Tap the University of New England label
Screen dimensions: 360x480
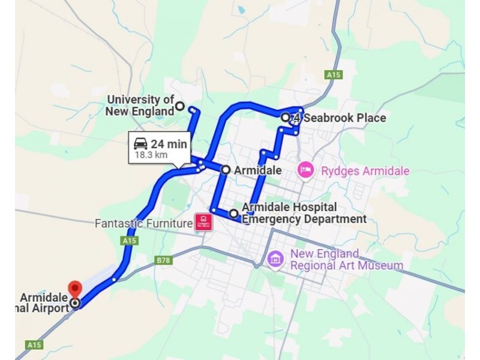[x=140, y=105]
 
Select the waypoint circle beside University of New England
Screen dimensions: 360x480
[x=179, y=107]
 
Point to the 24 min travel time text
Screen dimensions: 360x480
[x=169, y=144]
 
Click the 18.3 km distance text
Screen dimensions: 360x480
[x=151, y=155]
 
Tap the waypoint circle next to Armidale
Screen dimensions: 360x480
[x=226, y=170]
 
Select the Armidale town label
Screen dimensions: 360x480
[x=257, y=170]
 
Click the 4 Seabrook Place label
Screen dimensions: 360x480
[x=339, y=118]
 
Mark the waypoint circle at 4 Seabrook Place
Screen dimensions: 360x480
[x=286, y=117]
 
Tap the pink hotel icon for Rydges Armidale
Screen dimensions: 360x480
[x=306, y=170]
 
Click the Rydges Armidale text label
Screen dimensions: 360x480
[x=365, y=171]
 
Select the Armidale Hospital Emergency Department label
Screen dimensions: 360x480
[x=304, y=213]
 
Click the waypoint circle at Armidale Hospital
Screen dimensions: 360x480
[x=234, y=213]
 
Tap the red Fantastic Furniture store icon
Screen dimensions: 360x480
[x=203, y=223]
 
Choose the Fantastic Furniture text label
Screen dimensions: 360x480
[x=143, y=224]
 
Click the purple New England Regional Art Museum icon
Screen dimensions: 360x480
[x=275, y=259]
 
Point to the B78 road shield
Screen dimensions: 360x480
[x=163, y=260]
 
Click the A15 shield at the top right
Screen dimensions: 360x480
[x=334, y=75]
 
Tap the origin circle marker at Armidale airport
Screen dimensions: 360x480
[x=75, y=303]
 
